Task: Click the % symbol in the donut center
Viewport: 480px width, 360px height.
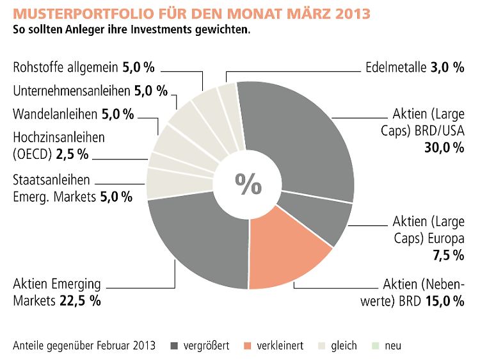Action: pos(248,184)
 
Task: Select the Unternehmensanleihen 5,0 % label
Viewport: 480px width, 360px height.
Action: pos(90,91)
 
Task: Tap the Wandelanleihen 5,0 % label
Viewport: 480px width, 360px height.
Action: pos(74,115)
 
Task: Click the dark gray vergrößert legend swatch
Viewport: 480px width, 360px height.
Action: pos(175,346)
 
